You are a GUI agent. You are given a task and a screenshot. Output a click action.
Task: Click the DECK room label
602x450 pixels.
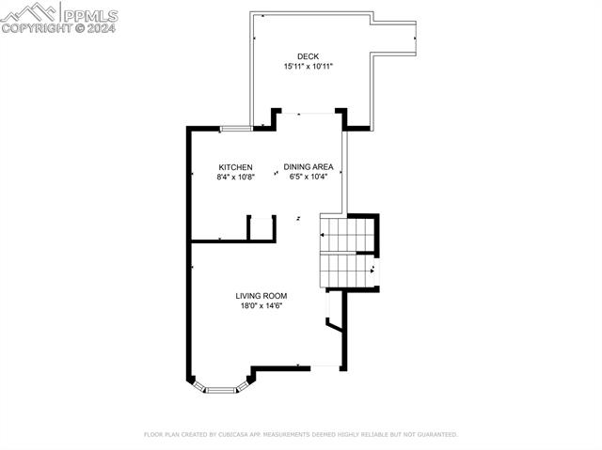coord(308,56)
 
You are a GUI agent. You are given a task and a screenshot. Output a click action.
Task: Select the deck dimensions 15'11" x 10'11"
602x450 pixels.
coord(308,67)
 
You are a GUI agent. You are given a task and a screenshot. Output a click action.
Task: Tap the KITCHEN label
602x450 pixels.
coord(235,167)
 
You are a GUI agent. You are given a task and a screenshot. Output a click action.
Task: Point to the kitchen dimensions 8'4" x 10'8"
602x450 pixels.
coord(235,177)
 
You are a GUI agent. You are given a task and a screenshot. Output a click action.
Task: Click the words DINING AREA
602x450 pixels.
coord(309,167)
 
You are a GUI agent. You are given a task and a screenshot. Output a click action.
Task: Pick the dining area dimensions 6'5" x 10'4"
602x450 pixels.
coord(309,177)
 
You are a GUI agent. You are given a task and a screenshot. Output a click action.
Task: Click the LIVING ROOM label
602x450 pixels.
coord(261,296)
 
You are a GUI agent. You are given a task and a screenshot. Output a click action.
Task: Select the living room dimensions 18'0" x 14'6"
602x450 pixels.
coord(261,305)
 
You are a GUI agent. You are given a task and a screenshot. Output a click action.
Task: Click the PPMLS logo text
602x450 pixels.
coord(89,13)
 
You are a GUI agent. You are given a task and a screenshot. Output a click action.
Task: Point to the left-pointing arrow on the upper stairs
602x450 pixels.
coord(325,236)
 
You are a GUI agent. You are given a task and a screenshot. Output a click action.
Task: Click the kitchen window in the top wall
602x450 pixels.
coord(235,129)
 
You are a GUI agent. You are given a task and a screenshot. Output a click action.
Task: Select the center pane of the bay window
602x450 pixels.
coord(222,387)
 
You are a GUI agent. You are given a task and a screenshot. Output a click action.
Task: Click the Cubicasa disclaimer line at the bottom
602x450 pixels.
coord(300,435)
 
